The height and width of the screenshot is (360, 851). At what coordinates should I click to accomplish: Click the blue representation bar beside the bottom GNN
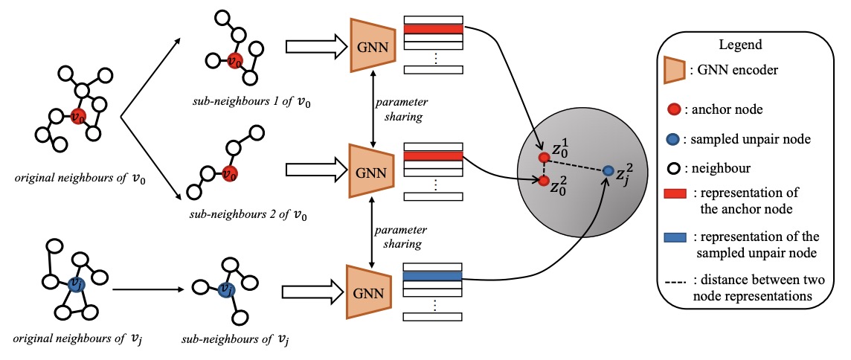coord(433,277)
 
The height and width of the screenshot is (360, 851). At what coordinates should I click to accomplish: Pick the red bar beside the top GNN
coord(433,29)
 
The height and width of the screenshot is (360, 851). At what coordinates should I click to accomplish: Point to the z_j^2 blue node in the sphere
coord(608,171)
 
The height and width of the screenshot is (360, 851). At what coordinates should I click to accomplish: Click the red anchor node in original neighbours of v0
coord(77,116)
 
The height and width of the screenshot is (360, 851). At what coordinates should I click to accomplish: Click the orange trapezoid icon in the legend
coord(678,71)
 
